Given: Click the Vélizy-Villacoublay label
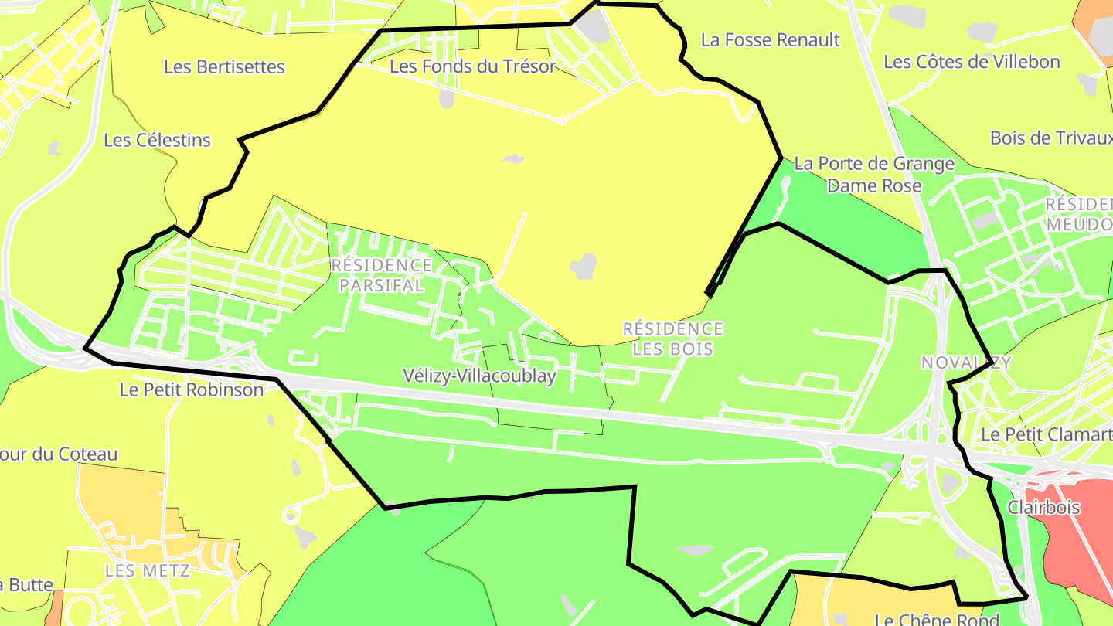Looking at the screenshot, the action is tap(479, 376).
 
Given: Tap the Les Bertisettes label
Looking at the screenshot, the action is tap(224, 67).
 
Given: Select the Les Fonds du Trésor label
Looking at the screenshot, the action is tap(472, 66).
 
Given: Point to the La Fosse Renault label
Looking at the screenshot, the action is tap(770, 40).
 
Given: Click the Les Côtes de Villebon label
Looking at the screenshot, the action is tap(972, 62).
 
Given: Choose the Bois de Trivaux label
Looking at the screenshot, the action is tap(1051, 138).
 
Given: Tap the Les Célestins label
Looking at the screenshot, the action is tap(157, 141).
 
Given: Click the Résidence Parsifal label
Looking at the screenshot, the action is tap(381, 275).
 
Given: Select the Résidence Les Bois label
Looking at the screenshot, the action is tap(673, 339).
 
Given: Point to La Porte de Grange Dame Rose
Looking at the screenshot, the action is tap(874, 175).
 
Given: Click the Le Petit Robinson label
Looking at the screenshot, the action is tap(192, 390).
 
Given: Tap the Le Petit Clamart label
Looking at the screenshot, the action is tap(1046, 434).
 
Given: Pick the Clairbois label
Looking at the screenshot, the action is tap(1043, 508).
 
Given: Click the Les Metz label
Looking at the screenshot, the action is tap(148, 571).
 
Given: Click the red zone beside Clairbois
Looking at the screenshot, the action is tap(1078, 541).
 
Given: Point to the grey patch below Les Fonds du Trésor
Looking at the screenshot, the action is tap(447, 98).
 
